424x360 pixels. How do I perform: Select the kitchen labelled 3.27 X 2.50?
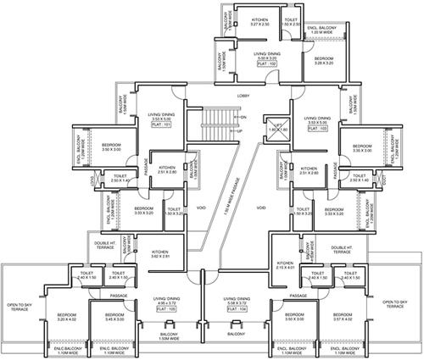(259, 23)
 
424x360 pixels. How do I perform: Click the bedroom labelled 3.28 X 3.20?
(323, 60)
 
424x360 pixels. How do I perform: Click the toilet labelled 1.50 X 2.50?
(291, 23)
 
